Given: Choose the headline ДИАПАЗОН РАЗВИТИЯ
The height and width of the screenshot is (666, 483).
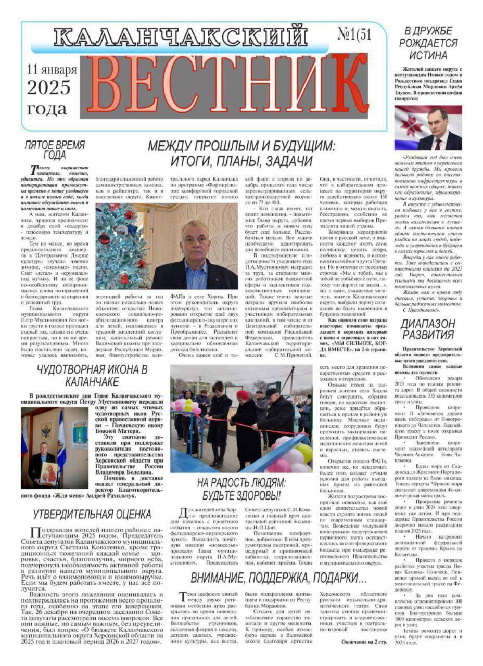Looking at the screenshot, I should click(x=427, y=329).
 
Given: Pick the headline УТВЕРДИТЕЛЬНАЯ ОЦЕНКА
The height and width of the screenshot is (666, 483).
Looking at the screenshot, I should click(x=92, y=515).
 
